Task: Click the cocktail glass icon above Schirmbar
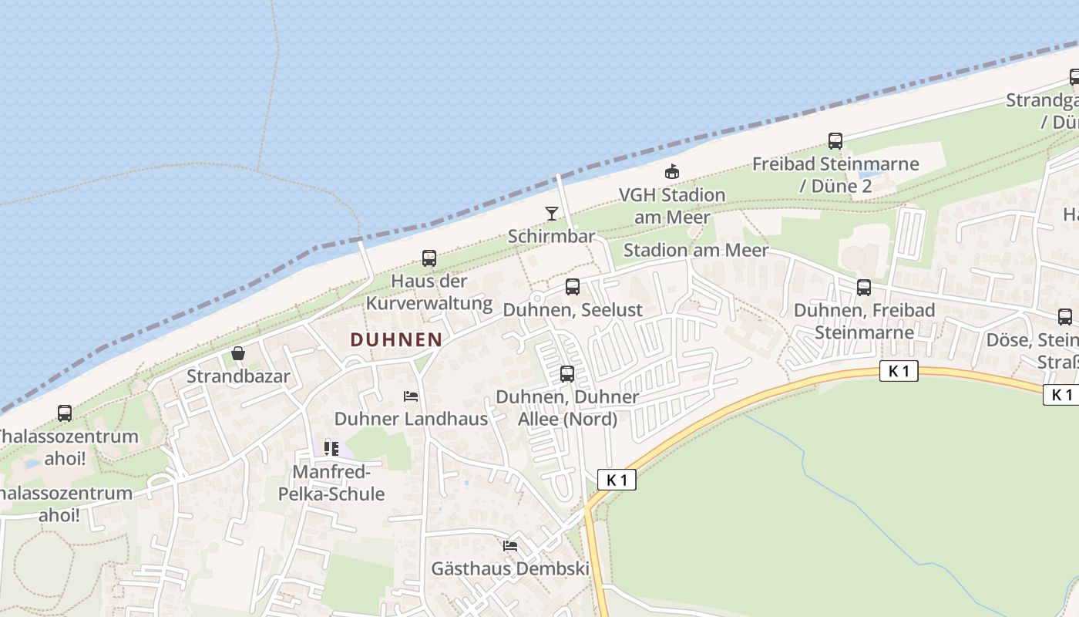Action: click(552, 214)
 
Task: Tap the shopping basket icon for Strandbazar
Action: click(238, 354)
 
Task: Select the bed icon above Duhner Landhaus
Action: click(411, 396)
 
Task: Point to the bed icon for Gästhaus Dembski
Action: click(510, 546)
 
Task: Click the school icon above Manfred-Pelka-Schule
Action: click(331, 448)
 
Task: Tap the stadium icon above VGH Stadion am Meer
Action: click(672, 171)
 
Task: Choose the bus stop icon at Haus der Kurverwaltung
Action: click(429, 258)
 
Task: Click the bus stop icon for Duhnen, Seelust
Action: click(573, 287)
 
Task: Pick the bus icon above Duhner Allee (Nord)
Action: click(567, 374)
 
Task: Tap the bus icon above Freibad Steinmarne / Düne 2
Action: click(835, 141)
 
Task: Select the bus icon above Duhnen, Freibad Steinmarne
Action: click(864, 288)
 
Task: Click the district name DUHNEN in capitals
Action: click(396, 339)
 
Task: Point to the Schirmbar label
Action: click(551, 236)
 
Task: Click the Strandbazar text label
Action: click(238, 376)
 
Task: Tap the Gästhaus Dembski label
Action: click(509, 568)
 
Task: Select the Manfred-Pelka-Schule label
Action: click(338, 483)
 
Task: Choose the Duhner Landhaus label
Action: click(411, 419)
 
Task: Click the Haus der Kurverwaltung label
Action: click(429, 292)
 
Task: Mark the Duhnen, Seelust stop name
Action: click(572, 309)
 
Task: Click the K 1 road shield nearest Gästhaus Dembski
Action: click(617, 480)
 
